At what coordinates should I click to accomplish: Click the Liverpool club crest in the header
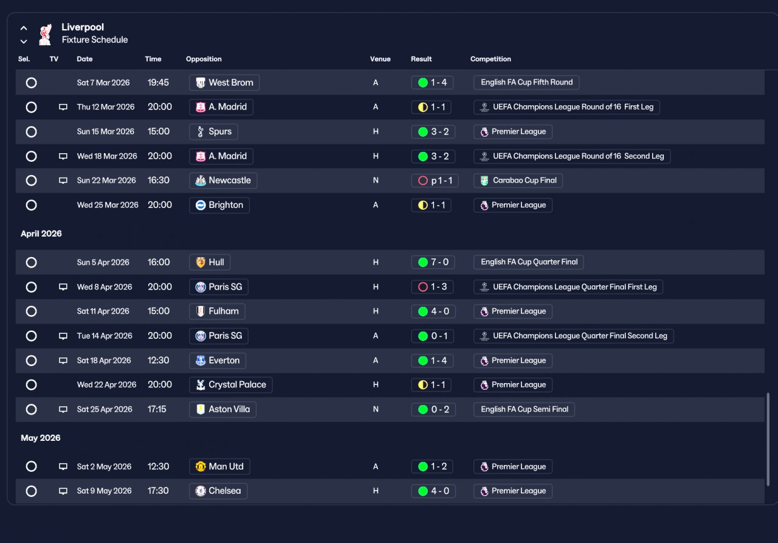click(x=46, y=35)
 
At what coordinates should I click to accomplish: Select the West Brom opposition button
click(x=224, y=83)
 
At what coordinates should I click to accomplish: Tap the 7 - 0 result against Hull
click(x=433, y=262)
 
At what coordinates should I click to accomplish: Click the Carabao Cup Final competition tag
click(x=518, y=181)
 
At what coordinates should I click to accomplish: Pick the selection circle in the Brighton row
click(x=31, y=206)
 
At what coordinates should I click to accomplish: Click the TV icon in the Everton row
click(x=63, y=361)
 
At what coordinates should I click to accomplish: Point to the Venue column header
click(x=380, y=59)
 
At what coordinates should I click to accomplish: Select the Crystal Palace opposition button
click(x=230, y=385)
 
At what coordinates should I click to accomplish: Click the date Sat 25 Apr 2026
click(x=105, y=409)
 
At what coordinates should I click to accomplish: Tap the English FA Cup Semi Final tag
click(x=524, y=409)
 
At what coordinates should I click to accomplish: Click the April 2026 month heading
click(x=41, y=234)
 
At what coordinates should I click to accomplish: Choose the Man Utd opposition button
click(x=219, y=466)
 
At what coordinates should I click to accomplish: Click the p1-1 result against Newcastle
click(x=435, y=181)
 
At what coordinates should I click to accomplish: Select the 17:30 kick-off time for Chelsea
click(x=158, y=491)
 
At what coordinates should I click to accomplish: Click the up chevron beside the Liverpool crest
click(x=24, y=28)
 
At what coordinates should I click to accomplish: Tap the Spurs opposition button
click(x=213, y=132)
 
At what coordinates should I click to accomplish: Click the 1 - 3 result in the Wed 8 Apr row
click(x=432, y=287)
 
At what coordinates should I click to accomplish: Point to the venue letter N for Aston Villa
click(x=376, y=409)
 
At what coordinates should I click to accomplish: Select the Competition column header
click(x=491, y=59)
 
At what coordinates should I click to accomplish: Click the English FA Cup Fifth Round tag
click(x=526, y=82)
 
